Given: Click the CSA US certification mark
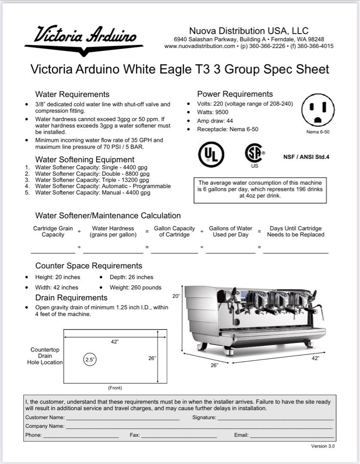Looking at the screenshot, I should point(254,154).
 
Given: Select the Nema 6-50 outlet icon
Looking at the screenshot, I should point(318,110).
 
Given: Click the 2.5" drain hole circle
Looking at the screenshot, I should point(90,360).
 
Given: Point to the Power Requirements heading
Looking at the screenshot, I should point(235,94).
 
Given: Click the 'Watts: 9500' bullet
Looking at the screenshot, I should point(213,113).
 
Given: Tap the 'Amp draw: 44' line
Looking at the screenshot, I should point(215,121).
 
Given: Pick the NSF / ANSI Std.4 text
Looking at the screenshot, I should point(306,157).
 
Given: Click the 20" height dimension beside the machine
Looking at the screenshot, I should point(175,296).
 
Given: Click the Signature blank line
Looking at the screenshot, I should point(275,418).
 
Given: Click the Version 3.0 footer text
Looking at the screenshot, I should point(323,446).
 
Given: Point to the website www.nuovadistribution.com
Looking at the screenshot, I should point(199,46).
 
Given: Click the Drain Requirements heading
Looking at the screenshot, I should point(71,298).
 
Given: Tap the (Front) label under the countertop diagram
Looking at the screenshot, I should point(115,388).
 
